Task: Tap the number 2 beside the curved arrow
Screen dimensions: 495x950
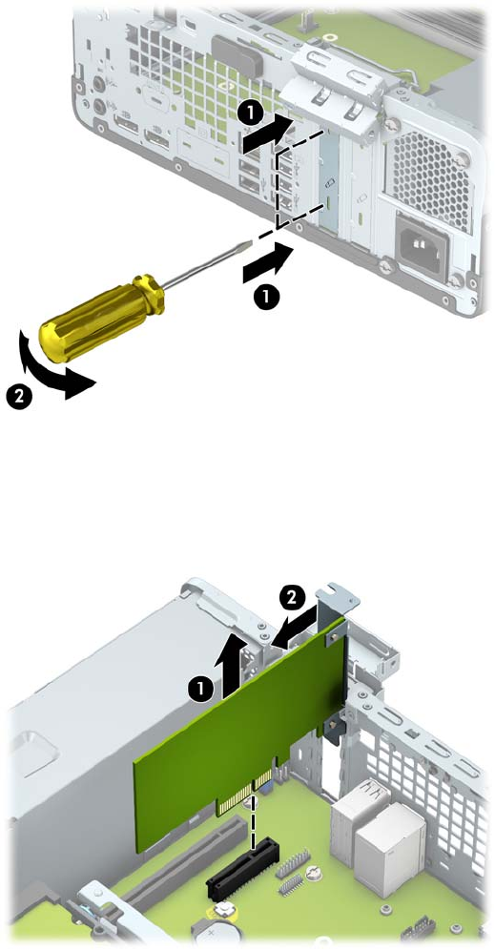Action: click(x=20, y=398)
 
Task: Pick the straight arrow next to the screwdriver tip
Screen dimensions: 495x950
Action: click(x=267, y=261)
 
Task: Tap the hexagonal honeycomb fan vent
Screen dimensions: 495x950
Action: click(x=431, y=178)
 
